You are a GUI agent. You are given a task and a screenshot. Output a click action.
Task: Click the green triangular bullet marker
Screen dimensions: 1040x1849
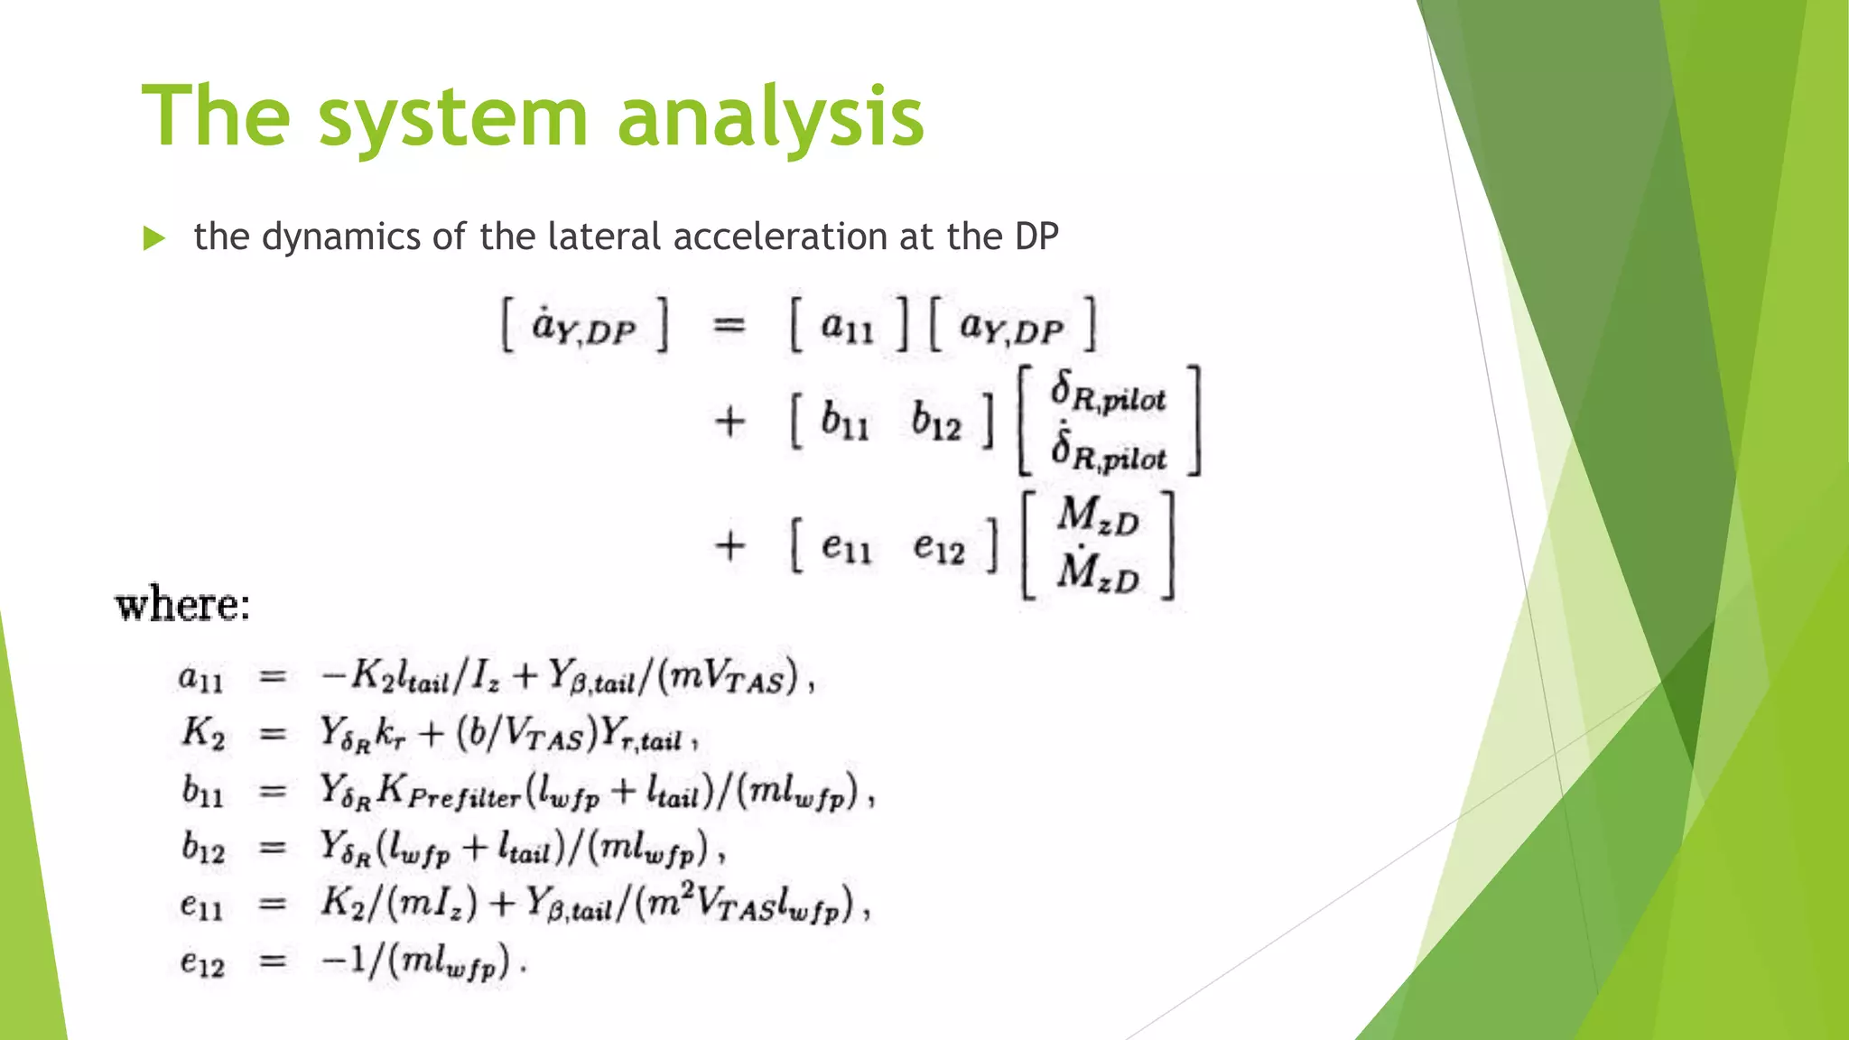pos(154,238)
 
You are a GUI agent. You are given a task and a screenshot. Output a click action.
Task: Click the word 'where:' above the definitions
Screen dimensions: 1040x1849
pos(183,604)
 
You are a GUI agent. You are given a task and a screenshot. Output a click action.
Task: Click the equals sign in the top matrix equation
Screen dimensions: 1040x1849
pos(729,325)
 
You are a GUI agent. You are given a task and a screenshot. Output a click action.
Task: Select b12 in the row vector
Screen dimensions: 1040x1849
pos(936,421)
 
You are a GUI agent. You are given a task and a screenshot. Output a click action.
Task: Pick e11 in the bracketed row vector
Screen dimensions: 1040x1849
pos(847,545)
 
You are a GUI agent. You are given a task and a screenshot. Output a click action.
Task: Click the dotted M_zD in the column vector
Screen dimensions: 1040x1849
pos(1098,571)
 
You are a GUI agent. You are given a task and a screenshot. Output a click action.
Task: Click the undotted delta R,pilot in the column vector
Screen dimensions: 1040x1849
pos(1109,394)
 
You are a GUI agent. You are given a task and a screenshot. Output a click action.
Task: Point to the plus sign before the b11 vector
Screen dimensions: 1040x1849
pos(729,422)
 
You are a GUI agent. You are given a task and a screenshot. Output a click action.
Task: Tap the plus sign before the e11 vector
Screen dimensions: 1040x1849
pos(729,546)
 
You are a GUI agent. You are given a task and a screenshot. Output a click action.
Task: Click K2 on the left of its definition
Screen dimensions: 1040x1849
pos(202,732)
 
